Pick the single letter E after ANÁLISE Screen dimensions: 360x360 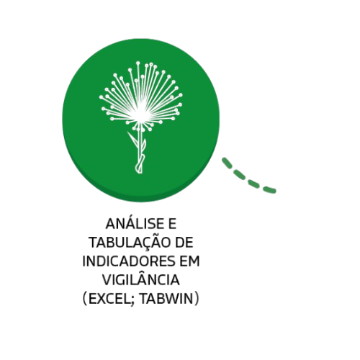coord(173,224)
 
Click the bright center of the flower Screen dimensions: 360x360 coord(140,112)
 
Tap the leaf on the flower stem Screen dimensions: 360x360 coord(132,139)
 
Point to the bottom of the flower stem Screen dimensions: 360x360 coord(139,171)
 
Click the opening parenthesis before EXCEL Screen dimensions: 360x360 coord(85,299)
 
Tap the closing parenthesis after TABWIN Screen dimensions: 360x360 coord(197,299)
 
